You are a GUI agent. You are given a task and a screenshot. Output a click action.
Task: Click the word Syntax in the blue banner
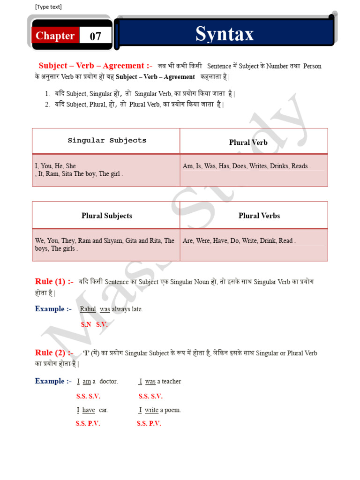(225, 34)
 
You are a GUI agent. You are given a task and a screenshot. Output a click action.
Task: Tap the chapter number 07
(95, 36)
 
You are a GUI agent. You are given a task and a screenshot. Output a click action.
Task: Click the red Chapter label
(55, 36)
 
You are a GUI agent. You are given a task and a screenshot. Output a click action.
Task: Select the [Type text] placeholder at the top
(48, 7)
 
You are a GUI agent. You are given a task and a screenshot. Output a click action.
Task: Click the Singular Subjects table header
(107, 140)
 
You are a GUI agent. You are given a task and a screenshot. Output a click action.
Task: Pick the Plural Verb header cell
(248, 142)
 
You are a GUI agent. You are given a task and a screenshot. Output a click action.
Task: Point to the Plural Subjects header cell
(106, 216)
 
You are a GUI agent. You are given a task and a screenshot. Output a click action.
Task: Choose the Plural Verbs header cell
(259, 216)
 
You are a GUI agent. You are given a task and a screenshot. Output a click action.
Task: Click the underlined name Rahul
(88, 309)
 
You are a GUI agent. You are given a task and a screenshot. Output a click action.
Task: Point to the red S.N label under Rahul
(86, 324)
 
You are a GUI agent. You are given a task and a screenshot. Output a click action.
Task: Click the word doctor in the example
(108, 382)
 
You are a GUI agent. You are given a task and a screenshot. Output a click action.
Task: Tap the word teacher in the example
(171, 382)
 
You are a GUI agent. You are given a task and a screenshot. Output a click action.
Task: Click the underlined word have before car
(89, 410)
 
